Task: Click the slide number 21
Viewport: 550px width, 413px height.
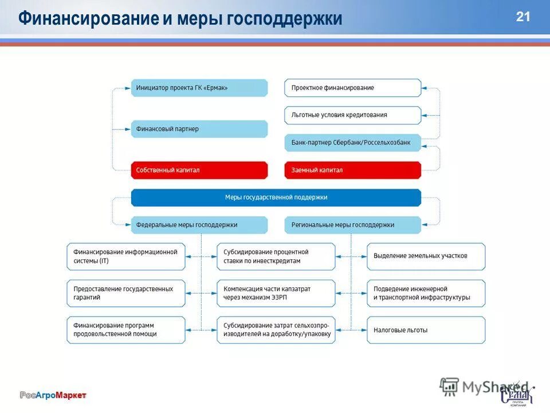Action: coord(522,17)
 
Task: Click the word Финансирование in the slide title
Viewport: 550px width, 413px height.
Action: coord(87,19)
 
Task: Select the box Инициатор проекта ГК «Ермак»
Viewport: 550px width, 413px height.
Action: coord(199,88)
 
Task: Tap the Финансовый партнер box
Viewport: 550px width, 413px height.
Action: coord(199,129)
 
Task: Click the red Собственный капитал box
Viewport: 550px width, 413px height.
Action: coord(199,170)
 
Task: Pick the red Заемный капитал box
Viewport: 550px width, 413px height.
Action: coord(352,170)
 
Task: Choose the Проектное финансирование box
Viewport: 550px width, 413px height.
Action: coord(352,88)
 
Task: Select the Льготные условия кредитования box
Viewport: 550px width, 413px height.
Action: coord(352,115)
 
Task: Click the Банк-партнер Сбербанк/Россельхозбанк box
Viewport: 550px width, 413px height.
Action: coord(352,142)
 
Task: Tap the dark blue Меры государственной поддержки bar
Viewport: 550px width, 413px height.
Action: coord(276,197)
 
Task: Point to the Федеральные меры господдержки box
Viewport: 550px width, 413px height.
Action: coord(199,225)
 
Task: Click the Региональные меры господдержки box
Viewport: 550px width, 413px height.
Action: coord(352,225)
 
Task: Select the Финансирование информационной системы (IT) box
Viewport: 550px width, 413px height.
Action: coord(126,256)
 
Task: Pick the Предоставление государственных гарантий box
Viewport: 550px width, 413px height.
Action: coord(126,293)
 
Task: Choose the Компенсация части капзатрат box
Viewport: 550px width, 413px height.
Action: coord(276,293)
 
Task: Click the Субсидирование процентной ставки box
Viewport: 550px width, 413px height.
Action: coord(276,256)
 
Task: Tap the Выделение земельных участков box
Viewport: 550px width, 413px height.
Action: coord(426,256)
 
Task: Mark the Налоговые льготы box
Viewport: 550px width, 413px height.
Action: coord(426,330)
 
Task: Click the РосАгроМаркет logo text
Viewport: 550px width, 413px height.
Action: coord(53,395)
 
